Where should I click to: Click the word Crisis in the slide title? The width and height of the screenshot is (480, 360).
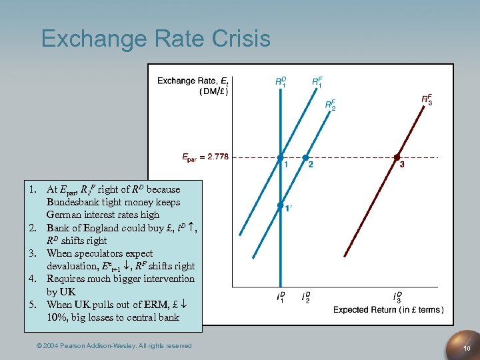coord(237,38)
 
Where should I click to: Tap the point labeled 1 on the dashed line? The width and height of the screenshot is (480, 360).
coord(281,158)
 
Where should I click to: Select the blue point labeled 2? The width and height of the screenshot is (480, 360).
coord(305,158)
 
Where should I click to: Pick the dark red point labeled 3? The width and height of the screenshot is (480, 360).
coord(397,158)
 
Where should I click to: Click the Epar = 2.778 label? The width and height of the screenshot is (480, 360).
coord(205,157)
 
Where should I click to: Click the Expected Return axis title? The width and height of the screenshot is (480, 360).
coord(389,309)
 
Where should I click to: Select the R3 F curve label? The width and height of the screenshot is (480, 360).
coord(427,99)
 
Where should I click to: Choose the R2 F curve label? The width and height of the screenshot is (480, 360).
coord(330,104)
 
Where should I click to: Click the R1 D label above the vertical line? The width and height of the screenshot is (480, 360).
coord(281,81)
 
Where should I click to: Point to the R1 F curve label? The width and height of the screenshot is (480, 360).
coord(317,81)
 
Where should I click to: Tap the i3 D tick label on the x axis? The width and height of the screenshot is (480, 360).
coord(397,297)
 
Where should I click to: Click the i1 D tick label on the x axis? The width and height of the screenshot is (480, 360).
coord(281,297)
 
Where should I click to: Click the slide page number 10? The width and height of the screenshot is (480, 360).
coord(467,348)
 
